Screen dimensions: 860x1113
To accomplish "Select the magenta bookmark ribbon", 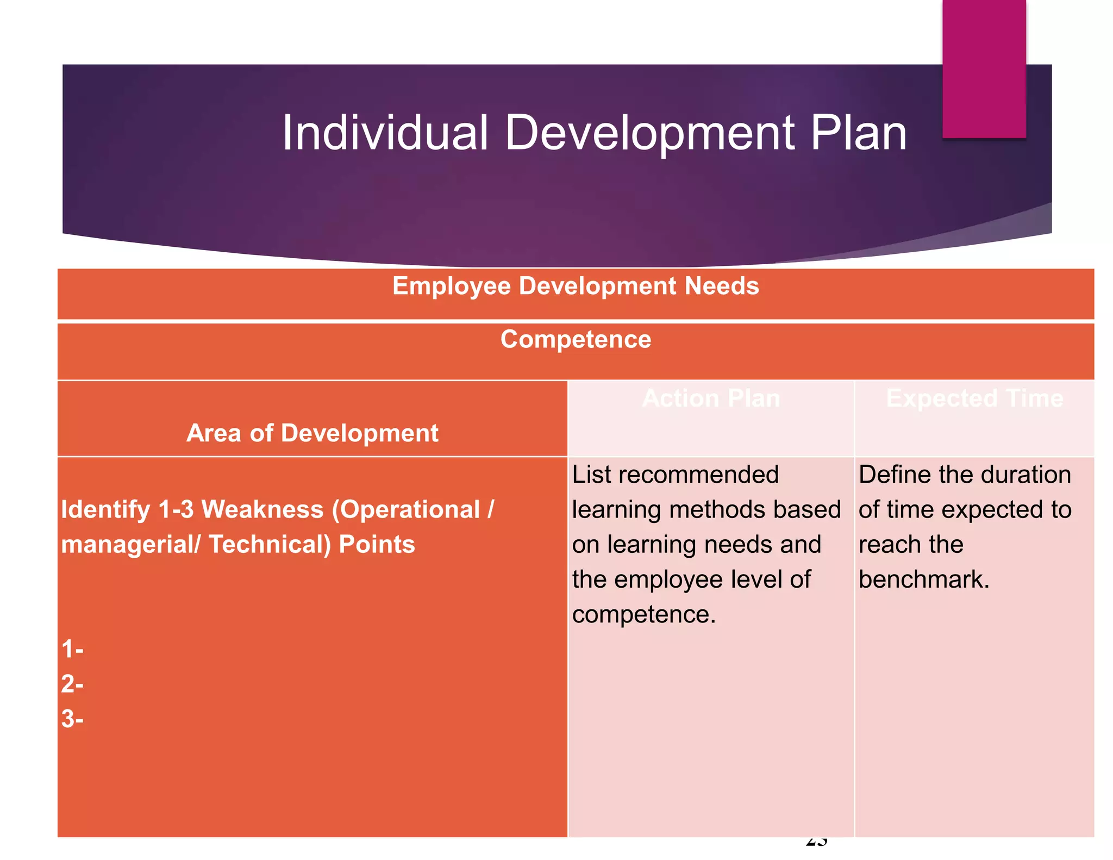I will (984, 68).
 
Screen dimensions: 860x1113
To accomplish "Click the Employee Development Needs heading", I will (576, 286).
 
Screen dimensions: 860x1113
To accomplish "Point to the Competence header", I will (576, 339).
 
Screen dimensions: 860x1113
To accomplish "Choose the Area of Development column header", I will (312, 433).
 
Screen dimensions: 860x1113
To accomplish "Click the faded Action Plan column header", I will (711, 398).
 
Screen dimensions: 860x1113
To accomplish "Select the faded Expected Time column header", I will (974, 398).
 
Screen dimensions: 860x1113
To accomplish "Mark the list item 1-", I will (72, 649).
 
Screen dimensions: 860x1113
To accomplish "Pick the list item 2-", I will (72, 684).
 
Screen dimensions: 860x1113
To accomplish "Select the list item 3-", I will (72, 719).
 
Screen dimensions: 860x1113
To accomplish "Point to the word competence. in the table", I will (644, 614).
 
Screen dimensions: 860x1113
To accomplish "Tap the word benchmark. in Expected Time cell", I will (924, 579).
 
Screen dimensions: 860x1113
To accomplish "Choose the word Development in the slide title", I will (649, 133).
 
